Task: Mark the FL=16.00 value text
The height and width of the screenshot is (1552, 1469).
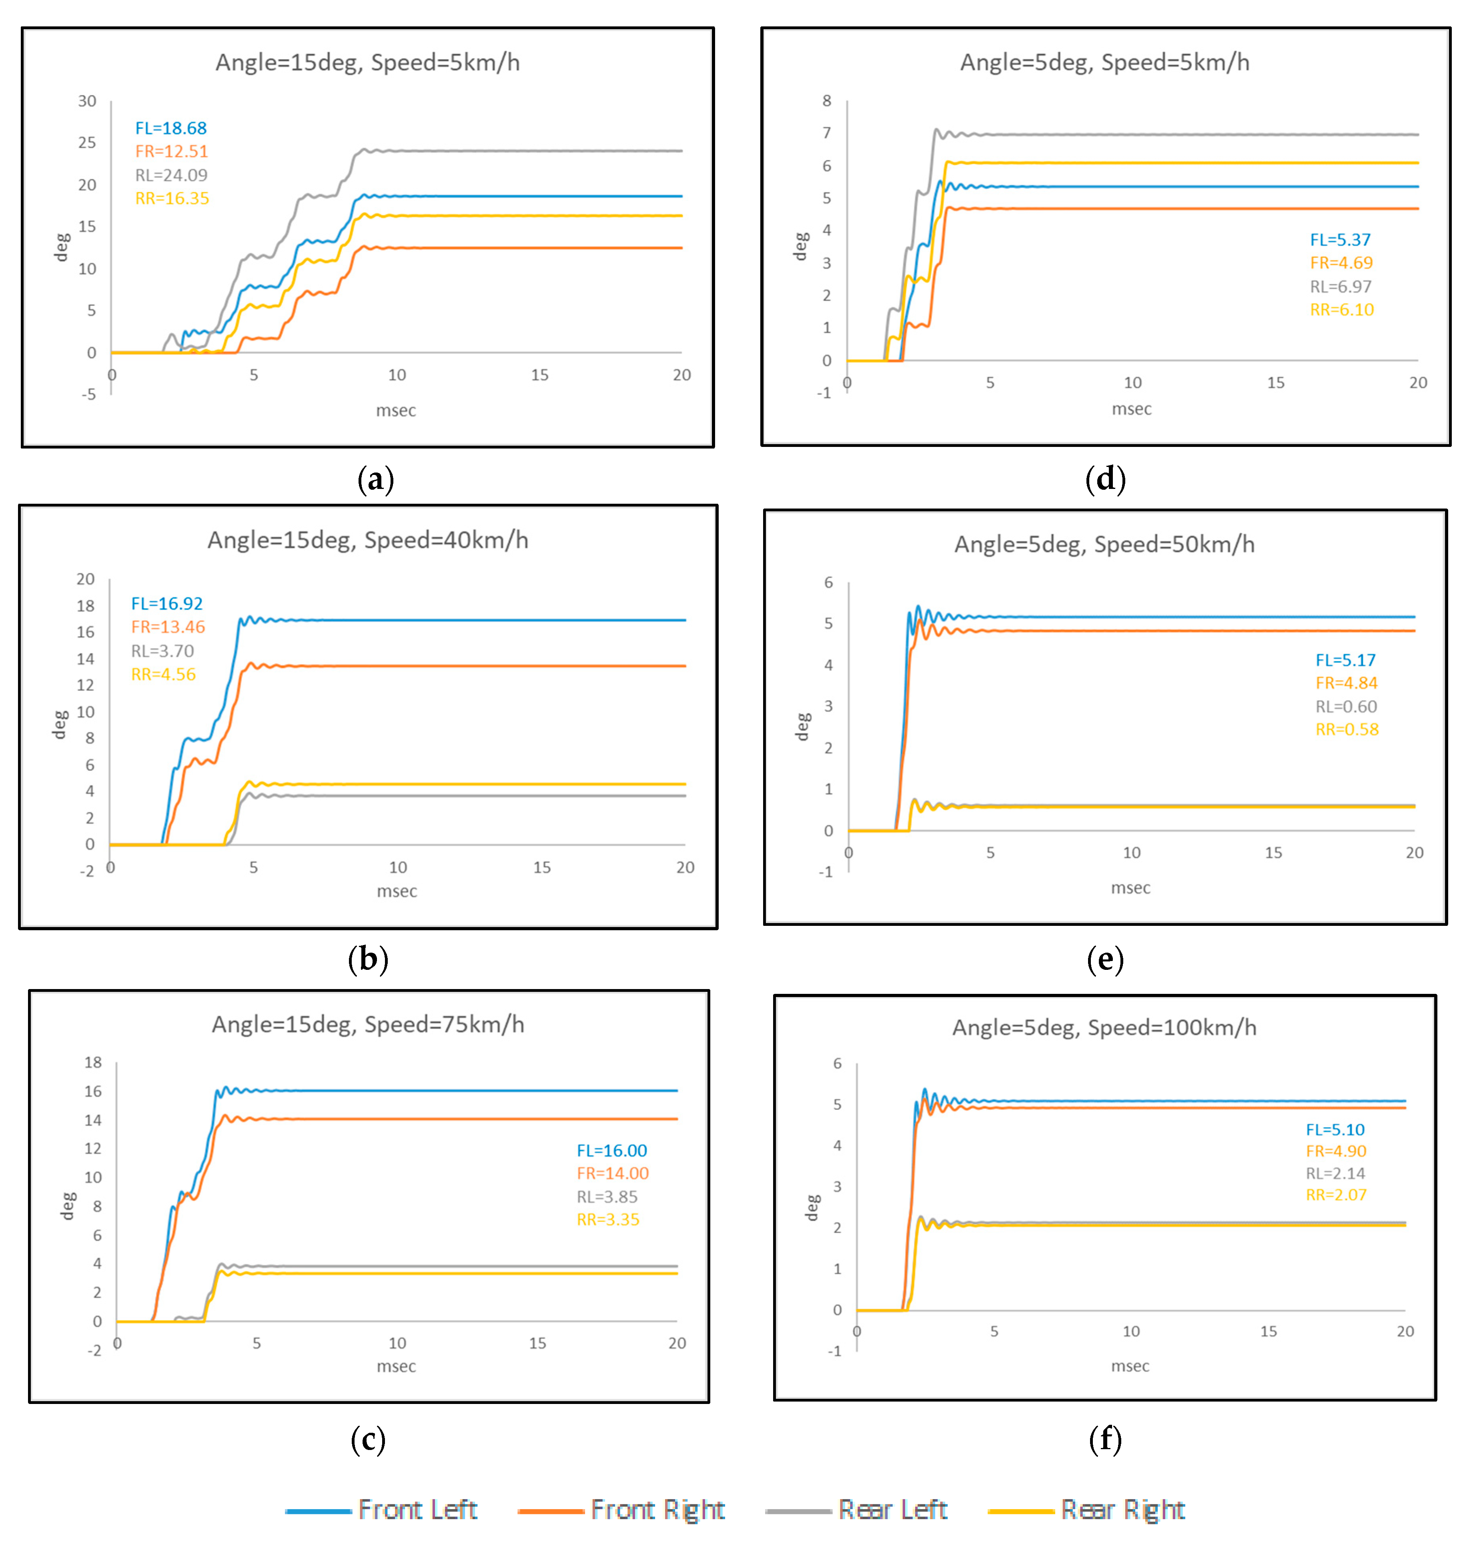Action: pyautogui.click(x=611, y=1150)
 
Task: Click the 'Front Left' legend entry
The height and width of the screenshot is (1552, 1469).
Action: pyautogui.click(x=382, y=1510)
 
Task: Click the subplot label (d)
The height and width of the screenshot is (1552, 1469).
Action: pyautogui.click(x=1105, y=479)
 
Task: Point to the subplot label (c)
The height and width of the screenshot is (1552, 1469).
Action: pyautogui.click(x=367, y=1439)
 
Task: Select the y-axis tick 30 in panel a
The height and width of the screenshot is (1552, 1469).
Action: pyautogui.click(x=87, y=101)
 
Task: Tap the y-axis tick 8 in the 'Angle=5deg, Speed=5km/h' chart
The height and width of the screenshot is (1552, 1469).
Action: pyautogui.click(x=826, y=101)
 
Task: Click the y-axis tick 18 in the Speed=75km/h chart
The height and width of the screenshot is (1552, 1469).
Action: pyautogui.click(x=93, y=1063)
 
